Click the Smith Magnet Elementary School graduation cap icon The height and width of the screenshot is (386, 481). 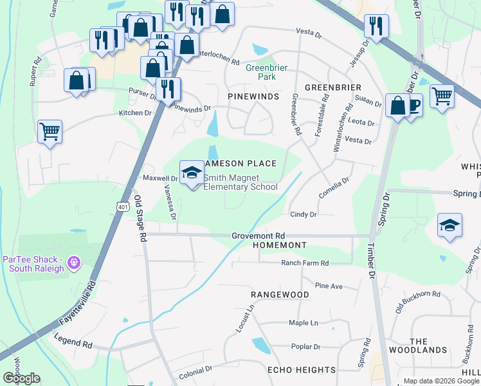tap(191, 172)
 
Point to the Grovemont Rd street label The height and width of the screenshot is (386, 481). tap(258, 236)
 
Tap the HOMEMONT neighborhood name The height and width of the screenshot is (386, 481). tap(281, 246)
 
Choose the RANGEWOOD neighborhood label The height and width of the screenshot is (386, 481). tap(280, 295)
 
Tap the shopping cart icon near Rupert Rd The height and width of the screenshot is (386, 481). tap(50, 131)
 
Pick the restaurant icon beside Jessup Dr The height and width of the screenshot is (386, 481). tap(376, 26)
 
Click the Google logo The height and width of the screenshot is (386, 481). tap(21, 378)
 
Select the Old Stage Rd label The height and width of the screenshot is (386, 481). tap(139, 219)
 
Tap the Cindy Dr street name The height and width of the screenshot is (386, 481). tap(304, 214)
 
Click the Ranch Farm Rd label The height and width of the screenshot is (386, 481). tap(305, 263)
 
